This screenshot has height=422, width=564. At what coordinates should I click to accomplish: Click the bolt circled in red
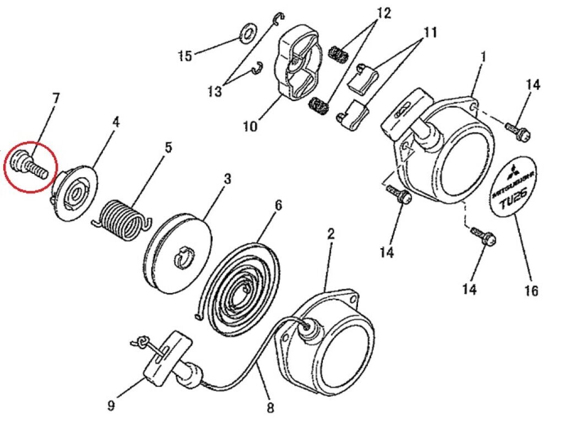pos(29,166)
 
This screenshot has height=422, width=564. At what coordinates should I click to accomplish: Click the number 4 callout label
pos(116,122)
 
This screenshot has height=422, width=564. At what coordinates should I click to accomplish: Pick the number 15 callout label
pos(186,56)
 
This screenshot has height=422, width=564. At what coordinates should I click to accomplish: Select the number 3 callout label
pos(227,178)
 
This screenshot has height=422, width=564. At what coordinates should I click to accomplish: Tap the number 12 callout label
pos(384,13)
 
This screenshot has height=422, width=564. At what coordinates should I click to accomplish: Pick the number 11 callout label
pos(431,32)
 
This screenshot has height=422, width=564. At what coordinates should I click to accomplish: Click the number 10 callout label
pos(251,126)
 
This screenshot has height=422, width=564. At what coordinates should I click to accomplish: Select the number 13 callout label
pos(215,91)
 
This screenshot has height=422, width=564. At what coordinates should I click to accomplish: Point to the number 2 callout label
pos(331,234)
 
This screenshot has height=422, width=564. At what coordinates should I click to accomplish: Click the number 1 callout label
pos(484,57)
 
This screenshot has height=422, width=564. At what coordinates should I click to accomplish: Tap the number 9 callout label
pos(111,406)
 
